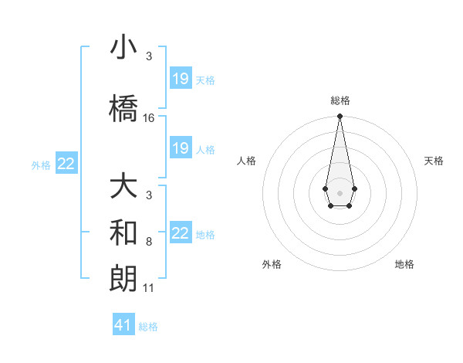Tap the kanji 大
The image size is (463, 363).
[124, 188]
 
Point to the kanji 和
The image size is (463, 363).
[124, 233]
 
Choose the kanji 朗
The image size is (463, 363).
[124, 278]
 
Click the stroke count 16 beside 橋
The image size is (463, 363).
[149, 118]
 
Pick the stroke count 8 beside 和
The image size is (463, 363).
[149, 243]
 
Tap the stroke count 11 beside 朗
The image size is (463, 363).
[149, 289]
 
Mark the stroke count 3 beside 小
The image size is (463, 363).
[149, 56]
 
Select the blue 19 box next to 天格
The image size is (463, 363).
[181, 79]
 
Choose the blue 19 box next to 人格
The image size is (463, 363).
[181, 148]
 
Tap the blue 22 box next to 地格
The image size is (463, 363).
[181, 233]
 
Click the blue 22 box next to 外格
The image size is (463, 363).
[66, 164]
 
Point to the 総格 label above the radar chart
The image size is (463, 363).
[340, 100]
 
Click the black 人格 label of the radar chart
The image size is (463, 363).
[247, 161]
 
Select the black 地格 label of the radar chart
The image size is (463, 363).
[404, 264]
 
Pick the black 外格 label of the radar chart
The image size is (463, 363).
[272, 264]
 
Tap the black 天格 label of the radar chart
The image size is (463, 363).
[434, 161]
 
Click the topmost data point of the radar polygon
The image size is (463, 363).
[340, 117]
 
